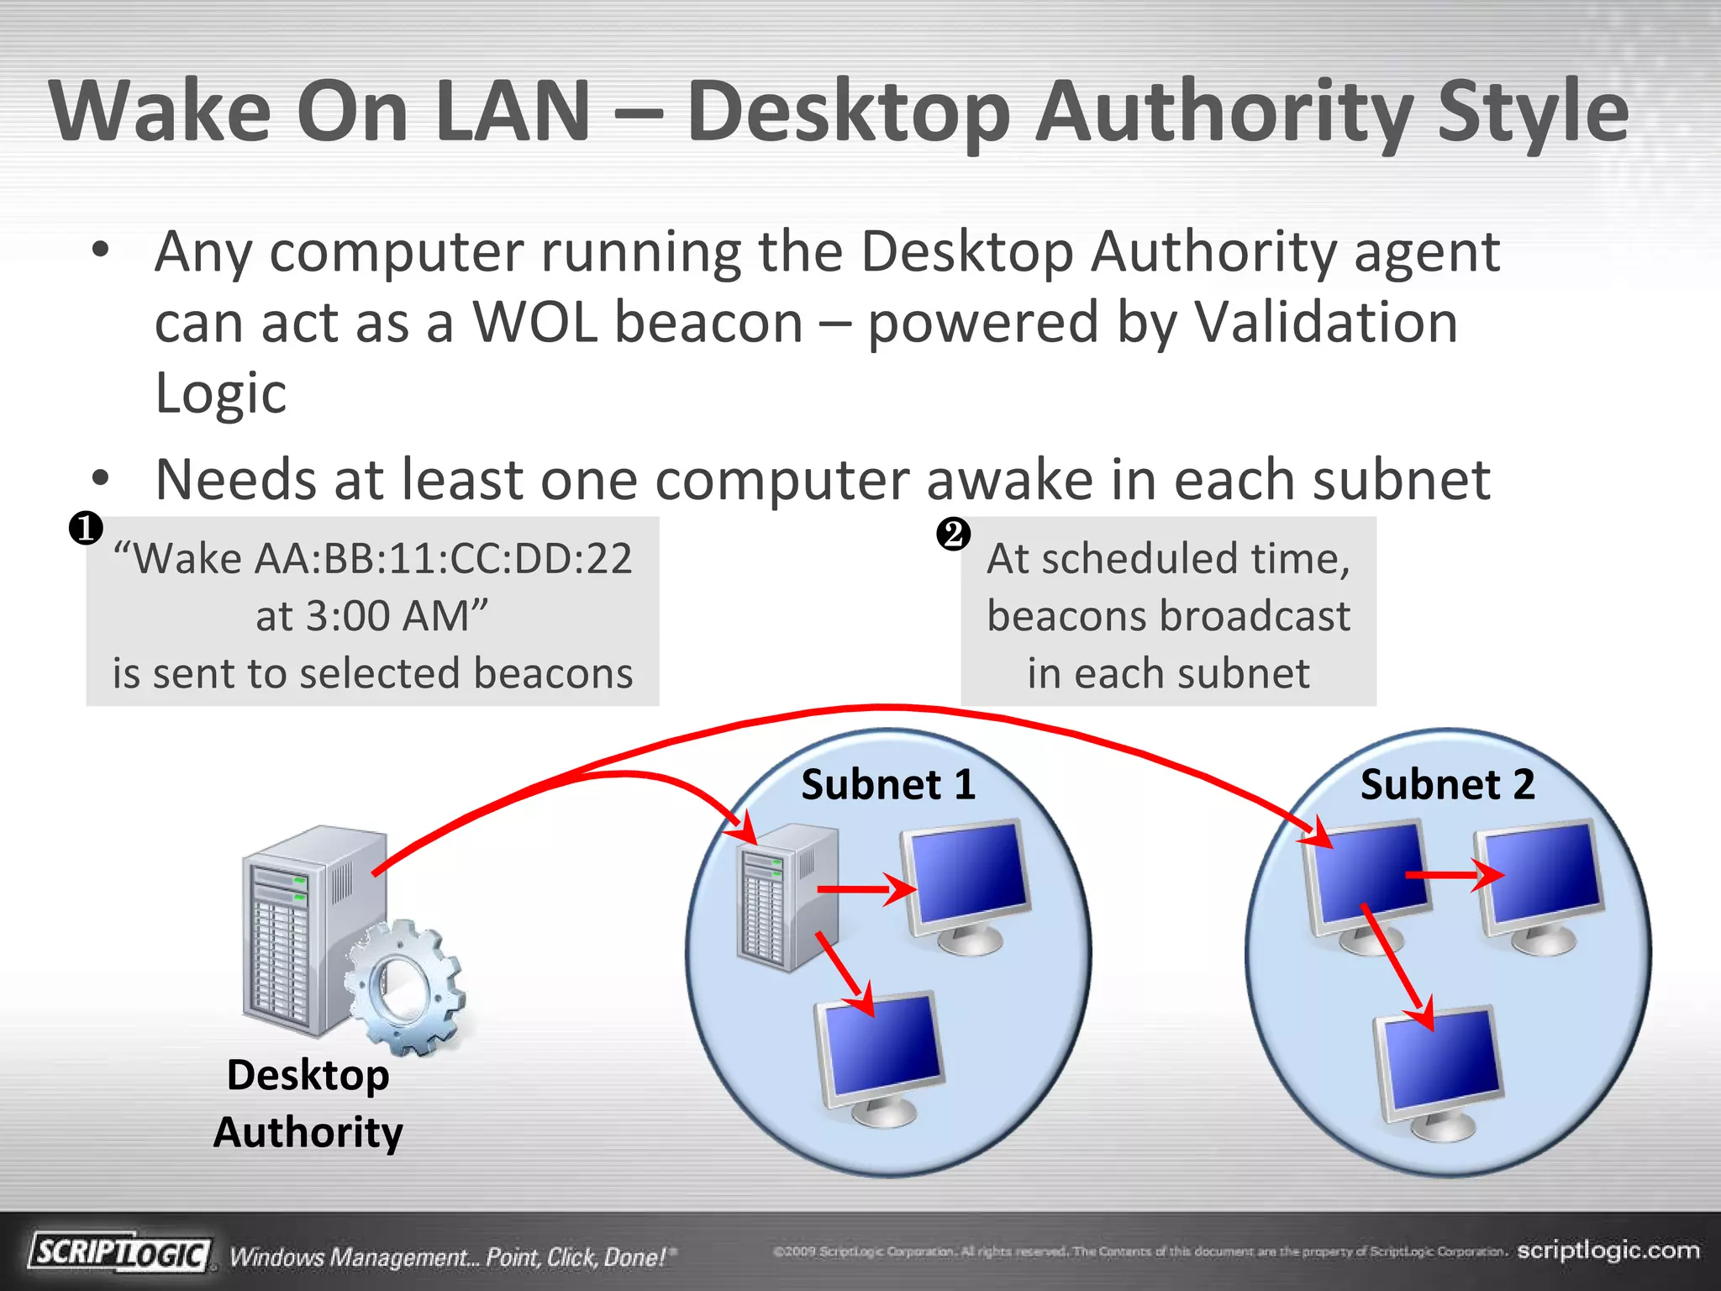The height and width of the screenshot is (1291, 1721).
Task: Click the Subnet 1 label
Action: tap(888, 784)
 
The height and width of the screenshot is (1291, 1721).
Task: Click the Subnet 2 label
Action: tap(1447, 784)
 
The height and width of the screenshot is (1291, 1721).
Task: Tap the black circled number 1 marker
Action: tap(86, 529)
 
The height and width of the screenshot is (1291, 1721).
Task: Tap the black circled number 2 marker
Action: tap(954, 534)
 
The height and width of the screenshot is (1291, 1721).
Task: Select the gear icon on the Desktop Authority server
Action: tap(404, 987)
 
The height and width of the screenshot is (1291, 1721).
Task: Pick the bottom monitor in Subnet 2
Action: tap(1439, 1072)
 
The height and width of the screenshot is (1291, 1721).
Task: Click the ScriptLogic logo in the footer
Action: tap(120, 1253)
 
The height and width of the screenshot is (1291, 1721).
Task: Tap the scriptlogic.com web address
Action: tap(1608, 1250)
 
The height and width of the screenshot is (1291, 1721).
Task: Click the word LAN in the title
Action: tap(514, 112)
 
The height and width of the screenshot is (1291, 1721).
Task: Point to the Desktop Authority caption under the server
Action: tap(308, 1104)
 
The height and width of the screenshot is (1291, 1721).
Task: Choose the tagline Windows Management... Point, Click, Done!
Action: tap(450, 1257)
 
